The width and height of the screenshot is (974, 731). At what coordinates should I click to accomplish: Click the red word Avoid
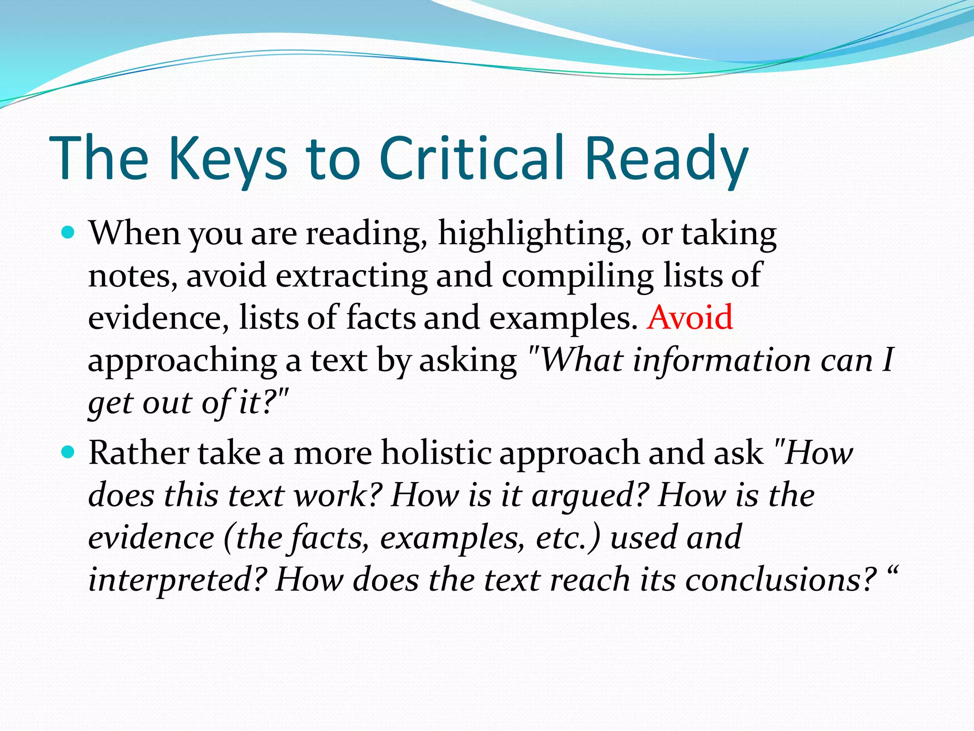click(690, 317)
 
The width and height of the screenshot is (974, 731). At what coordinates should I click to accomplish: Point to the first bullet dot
click(69, 233)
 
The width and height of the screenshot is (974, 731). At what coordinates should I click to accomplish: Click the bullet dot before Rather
click(69, 452)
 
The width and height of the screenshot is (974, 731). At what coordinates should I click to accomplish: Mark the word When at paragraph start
click(135, 233)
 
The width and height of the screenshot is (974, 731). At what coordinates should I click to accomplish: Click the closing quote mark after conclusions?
click(892, 571)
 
